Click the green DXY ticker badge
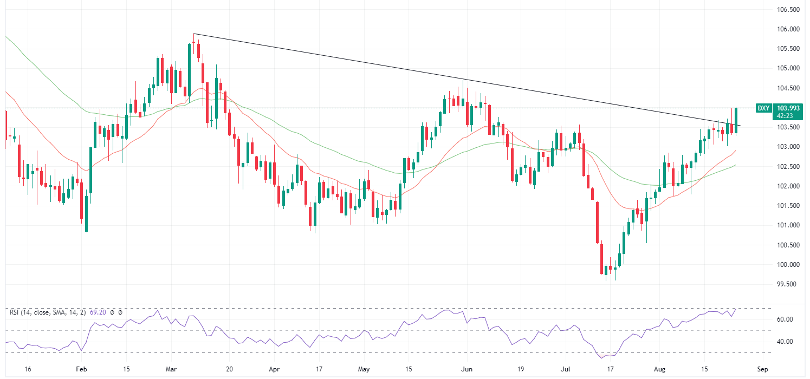click(x=763, y=108)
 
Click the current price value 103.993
click(x=785, y=108)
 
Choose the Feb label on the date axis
click(x=81, y=369)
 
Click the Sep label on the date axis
click(x=763, y=369)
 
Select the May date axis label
click(x=364, y=369)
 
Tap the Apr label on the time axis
click(x=273, y=369)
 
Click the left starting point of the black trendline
click(x=194, y=34)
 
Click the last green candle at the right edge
click(x=736, y=120)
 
